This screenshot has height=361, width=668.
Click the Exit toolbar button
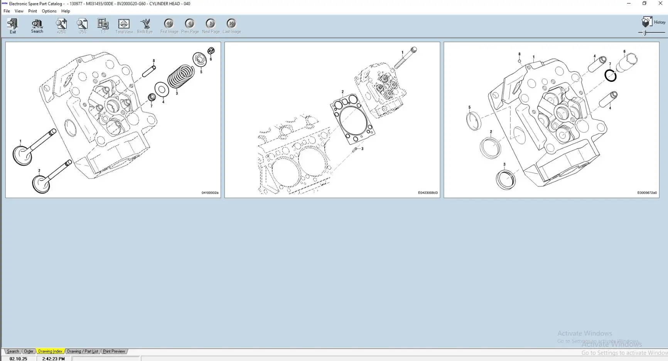[13, 26]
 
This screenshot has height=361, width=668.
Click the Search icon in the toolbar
[37, 26]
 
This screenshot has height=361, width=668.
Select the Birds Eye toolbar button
[145, 26]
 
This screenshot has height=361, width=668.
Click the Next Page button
[211, 26]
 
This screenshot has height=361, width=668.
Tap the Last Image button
[231, 26]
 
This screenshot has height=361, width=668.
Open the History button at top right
[654, 22]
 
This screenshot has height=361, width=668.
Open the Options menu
[49, 11]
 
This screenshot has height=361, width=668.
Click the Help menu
[66, 11]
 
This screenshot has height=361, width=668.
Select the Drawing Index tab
[50, 351]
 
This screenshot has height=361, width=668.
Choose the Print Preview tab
[114, 351]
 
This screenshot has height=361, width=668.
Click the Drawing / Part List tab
[82, 351]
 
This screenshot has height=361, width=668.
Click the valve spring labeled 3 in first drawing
[180, 76]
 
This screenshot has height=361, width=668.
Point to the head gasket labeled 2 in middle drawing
[353, 120]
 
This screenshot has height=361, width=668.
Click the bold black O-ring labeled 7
[611, 76]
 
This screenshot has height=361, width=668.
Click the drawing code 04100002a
[210, 193]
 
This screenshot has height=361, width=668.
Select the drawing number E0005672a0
[647, 193]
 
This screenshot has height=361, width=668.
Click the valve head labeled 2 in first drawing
[41, 184]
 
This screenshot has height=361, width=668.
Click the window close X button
[660, 3]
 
